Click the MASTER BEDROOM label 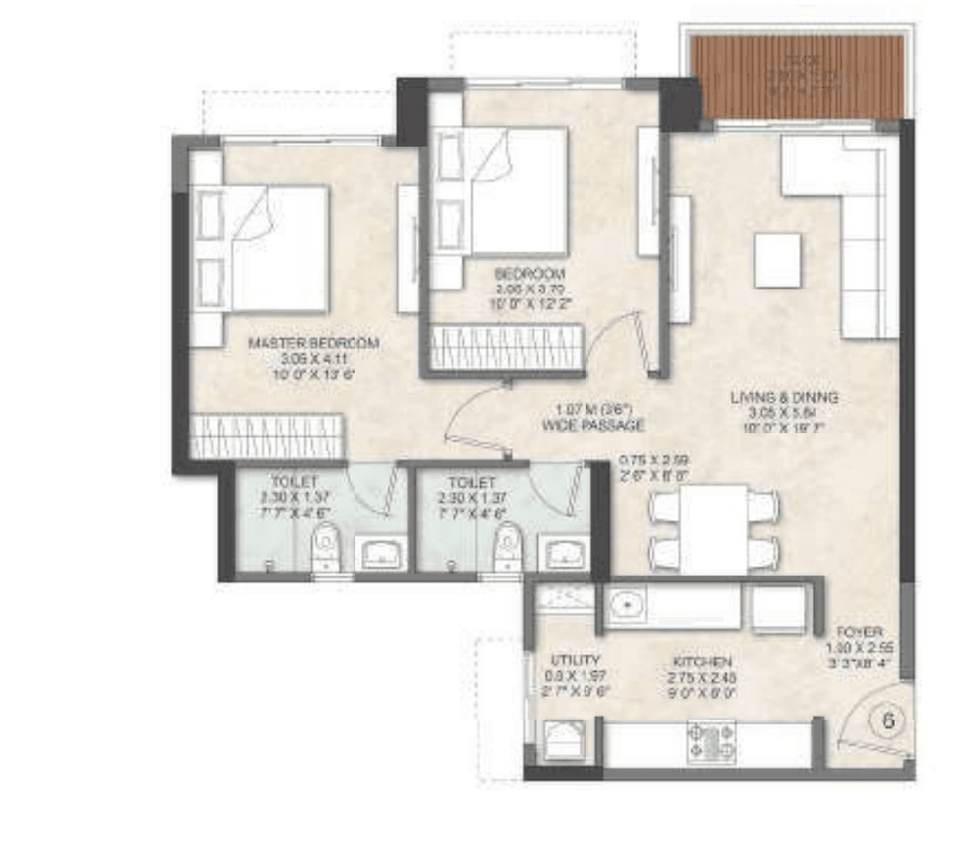pos(313,343)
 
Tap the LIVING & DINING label pos(784,398)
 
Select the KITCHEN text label pos(695,661)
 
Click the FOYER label pos(861,632)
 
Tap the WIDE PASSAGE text pos(593,425)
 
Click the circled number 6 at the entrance pos(888,722)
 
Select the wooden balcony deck pos(792,75)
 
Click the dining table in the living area pos(714,529)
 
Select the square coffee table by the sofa pos(778,259)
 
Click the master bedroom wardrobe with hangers pos(267,436)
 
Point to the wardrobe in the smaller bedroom pos(508,348)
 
